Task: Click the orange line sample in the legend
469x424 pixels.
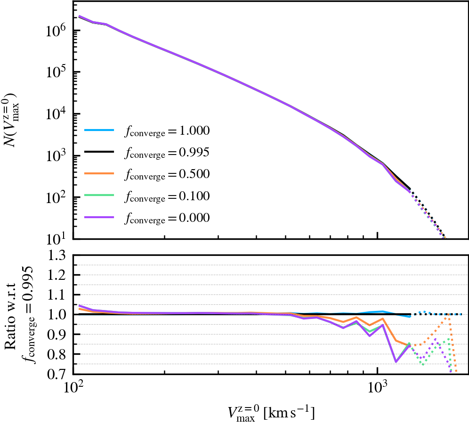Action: click(99, 173)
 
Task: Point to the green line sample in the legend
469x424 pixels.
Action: click(99, 195)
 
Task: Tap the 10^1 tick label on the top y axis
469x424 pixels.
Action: click(57, 239)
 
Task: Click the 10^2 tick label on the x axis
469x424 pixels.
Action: click(73, 390)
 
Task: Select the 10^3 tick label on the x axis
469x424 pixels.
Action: click(378, 390)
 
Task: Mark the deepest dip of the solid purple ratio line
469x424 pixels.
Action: click(396, 362)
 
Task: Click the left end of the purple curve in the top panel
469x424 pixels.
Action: click(79, 16)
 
